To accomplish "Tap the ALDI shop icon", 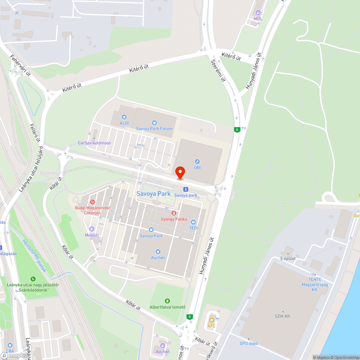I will click(x=124, y=117).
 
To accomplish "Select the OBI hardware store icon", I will click(x=197, y=162).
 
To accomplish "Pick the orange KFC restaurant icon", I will click(x=212, y=320).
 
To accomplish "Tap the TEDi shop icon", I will click(x=193, y=222).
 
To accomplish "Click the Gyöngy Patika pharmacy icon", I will click(x=174, y=213).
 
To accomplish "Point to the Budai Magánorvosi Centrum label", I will click(x=92, y=210).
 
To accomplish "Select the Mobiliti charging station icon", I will click(x=92, y=229).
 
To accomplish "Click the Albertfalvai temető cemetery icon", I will click(x=167, y=301).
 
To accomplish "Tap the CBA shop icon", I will click(x=10, y=345).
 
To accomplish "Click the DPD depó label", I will click(x=249, y=343).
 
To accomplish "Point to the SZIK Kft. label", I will click(x=283, y=316).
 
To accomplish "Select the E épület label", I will click(x=288, y=258).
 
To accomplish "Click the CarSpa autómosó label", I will click(x=94, y=143).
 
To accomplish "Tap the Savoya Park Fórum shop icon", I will click(x=154, y=123).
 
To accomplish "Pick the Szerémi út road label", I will click(x=218, y=70).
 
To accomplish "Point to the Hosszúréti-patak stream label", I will click(x=35, y=256).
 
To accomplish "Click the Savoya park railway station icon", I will click(x=185, y=189).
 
